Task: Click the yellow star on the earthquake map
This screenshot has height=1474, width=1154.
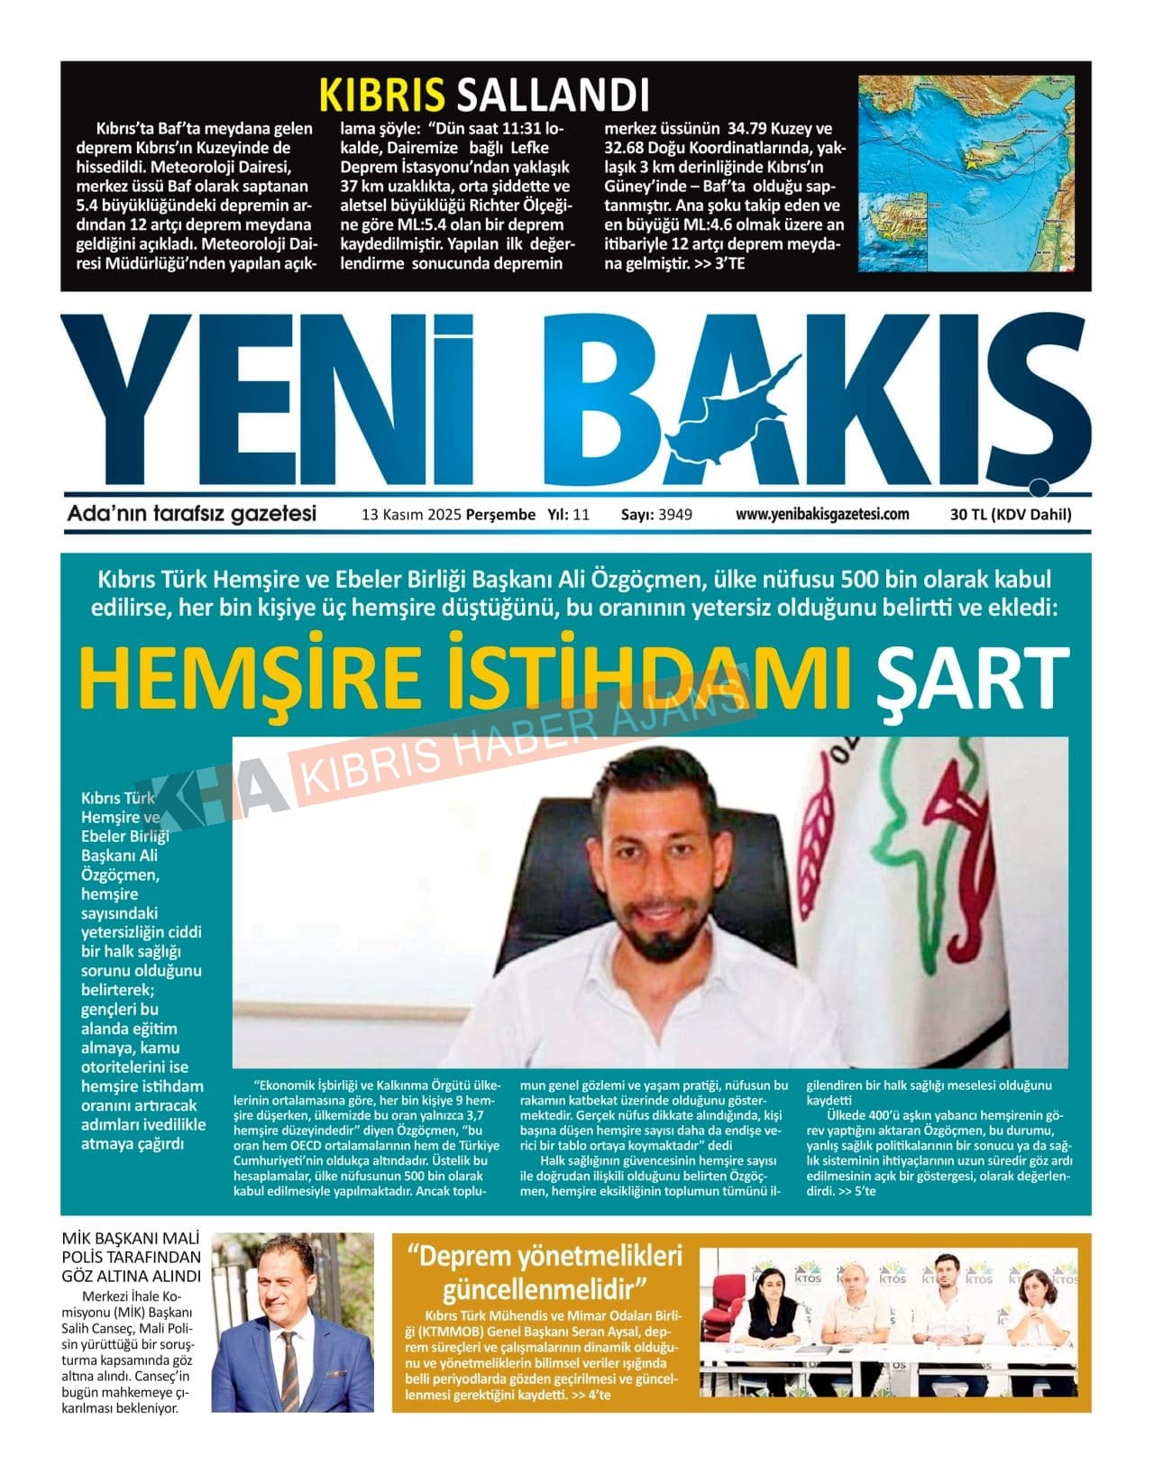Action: [x=971, y=165]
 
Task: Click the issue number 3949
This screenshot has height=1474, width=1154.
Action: [x=675, y=515]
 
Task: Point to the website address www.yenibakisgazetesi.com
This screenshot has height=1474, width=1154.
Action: [x=822, y=515]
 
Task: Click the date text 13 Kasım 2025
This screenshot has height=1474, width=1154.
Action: [x=410, y=515]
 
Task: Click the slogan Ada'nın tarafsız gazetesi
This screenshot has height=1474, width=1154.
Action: [x=192, y=514]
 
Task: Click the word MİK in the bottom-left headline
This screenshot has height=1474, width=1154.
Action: [x=80, y=1238]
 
